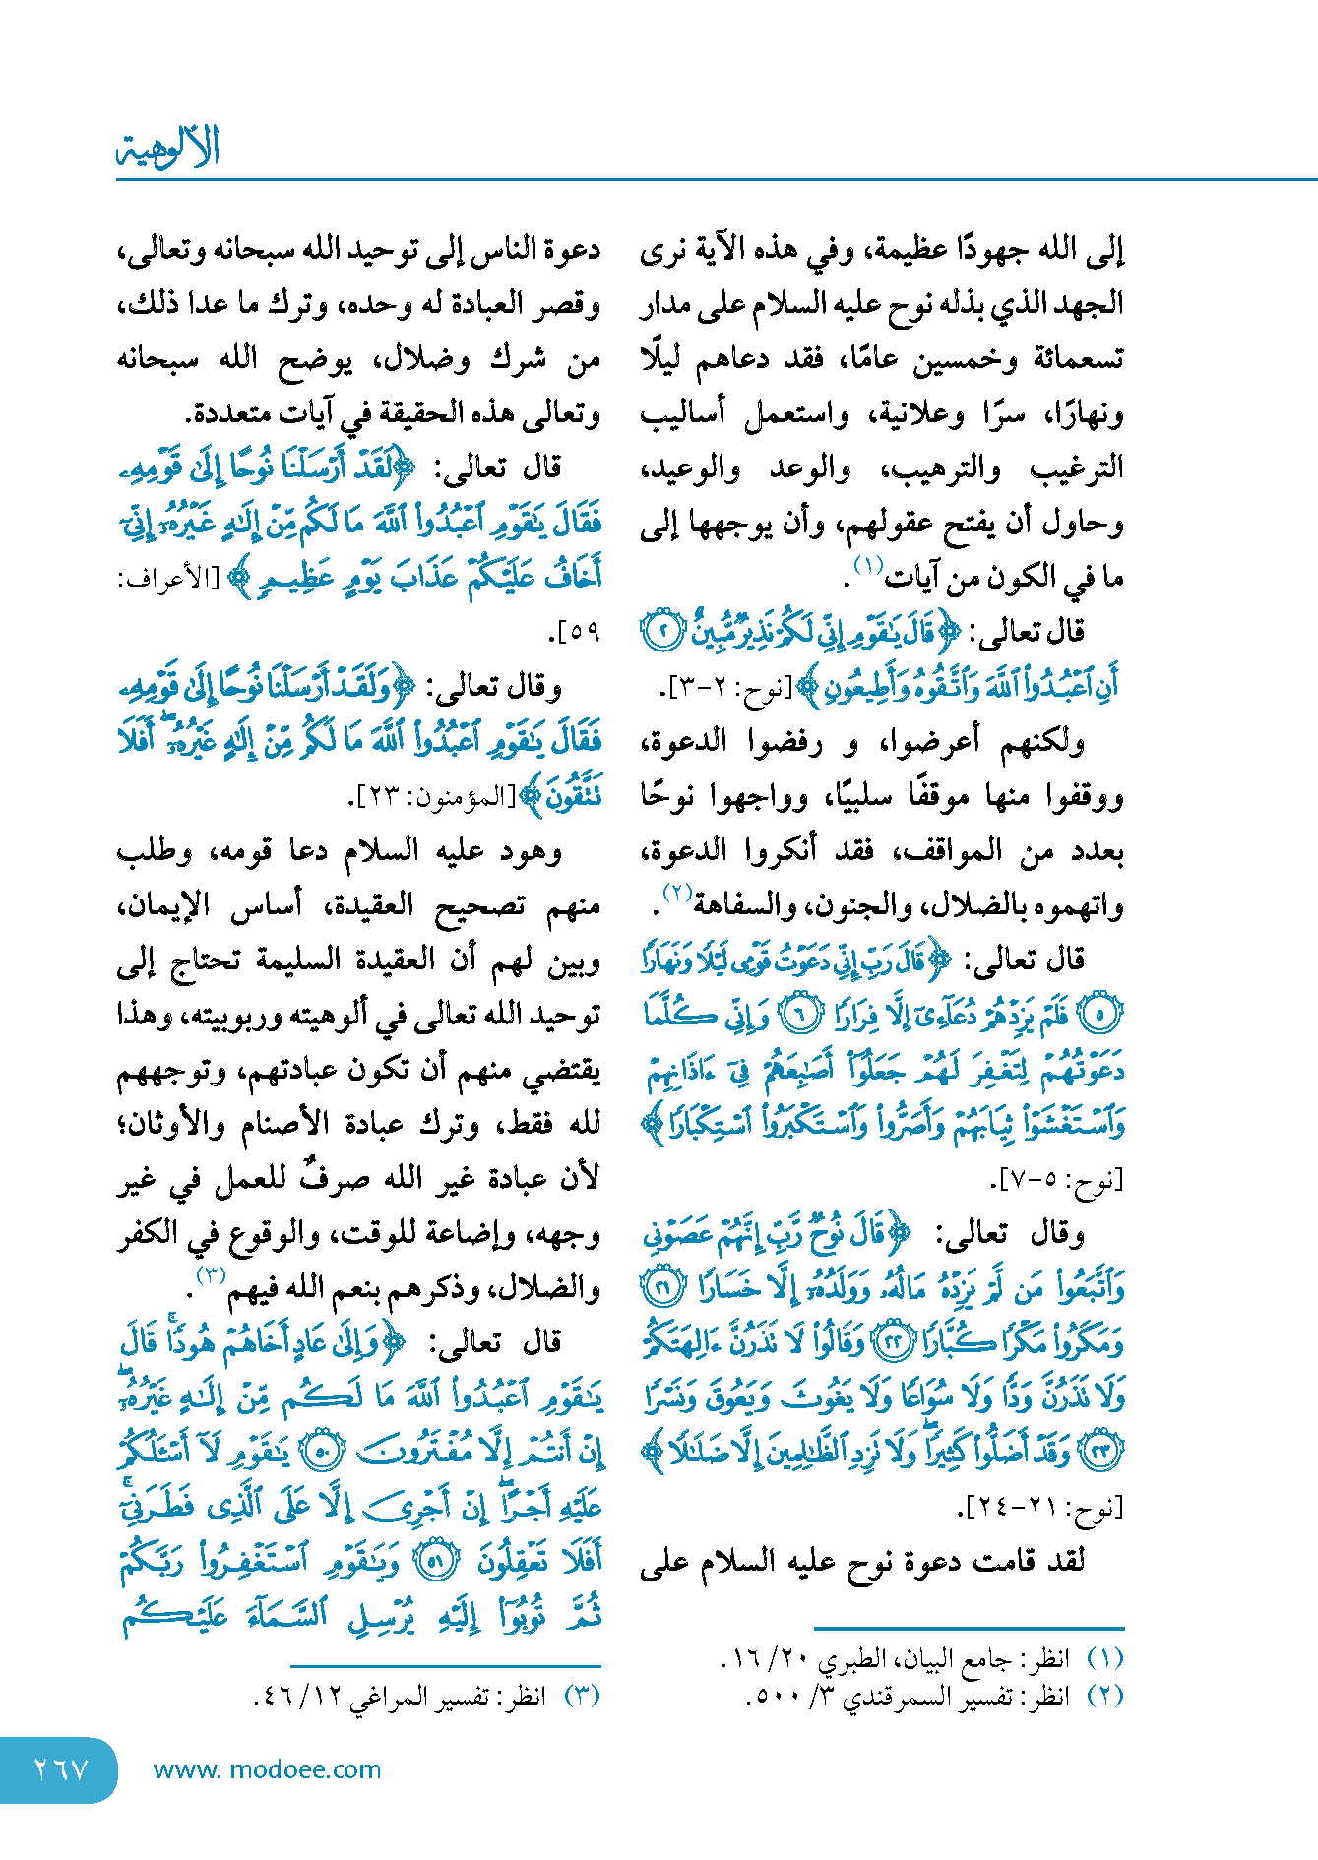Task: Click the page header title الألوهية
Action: (167, 149)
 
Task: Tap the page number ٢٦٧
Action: (61, 1770)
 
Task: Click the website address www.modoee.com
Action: (267, 1770)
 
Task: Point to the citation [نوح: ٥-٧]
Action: (1057, 1179)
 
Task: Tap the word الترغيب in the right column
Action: (1077, 468)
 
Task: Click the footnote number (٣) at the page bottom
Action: (582, 1697)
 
